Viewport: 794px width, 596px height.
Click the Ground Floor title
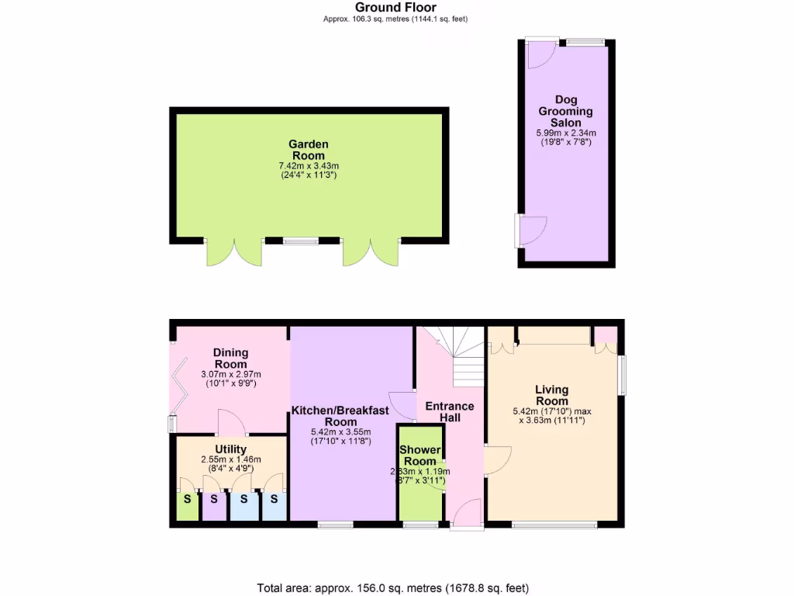395,8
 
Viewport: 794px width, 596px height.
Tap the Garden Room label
309,150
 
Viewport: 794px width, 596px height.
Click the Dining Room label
230,359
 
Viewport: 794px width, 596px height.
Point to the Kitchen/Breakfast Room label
330,416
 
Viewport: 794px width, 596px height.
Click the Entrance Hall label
450,412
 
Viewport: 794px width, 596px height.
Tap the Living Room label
551,395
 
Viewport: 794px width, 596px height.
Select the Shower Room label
420,456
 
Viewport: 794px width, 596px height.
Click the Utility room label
230,449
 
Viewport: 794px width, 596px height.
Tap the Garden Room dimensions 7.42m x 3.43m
309,165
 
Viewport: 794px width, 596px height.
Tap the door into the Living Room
496,460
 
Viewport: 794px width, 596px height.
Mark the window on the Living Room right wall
621,376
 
